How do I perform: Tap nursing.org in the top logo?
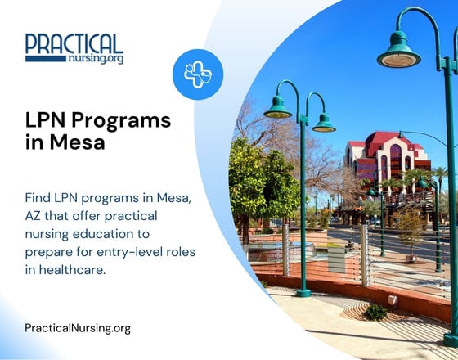97,59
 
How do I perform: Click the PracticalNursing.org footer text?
78,328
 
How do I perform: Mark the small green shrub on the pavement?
375,312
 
